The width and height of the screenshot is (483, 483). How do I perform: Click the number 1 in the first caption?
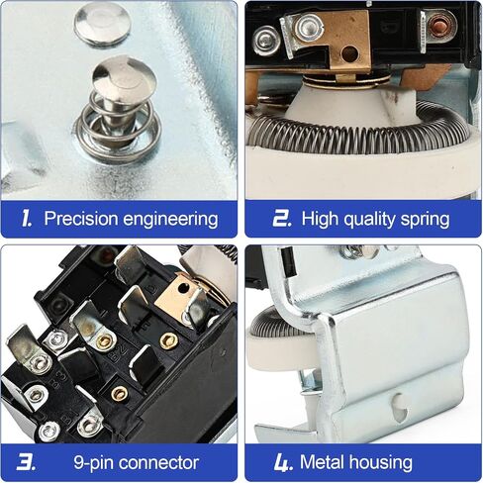pos(26,219)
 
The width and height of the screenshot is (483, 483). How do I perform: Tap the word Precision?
pos(81,219)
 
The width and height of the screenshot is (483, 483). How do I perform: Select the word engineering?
pos(170,220)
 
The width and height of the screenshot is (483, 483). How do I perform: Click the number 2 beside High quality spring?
pos(282,219)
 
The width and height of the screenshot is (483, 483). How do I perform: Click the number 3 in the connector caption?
pos(26,462)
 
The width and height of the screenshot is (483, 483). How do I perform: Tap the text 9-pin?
pos(93,463)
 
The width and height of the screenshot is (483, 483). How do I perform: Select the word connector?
pos(158,462)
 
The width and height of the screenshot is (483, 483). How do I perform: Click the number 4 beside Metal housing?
pos(283,462)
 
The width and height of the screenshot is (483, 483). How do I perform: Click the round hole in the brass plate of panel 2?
pos(349,53)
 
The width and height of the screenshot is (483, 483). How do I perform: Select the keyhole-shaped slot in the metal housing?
pos(400,408)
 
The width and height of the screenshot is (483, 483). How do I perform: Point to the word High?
pos(320,220)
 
